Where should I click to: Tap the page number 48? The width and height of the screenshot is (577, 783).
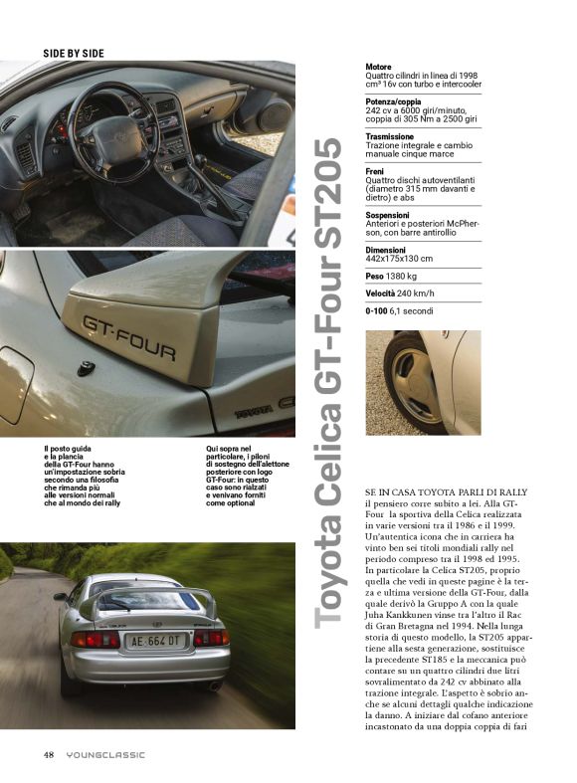(x=49, y=754)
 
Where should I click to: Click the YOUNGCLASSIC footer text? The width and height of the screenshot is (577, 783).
(x=105, y=754)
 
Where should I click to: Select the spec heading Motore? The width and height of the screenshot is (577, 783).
(x=378, y=68)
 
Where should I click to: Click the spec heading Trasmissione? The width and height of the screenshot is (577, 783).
(x=390, y=136)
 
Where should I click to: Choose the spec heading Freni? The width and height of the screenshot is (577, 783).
(x=377, y=171)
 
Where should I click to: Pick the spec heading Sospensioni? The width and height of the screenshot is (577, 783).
(x=390, y=214)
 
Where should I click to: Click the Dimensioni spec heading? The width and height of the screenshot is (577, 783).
(x=386, y=249)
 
